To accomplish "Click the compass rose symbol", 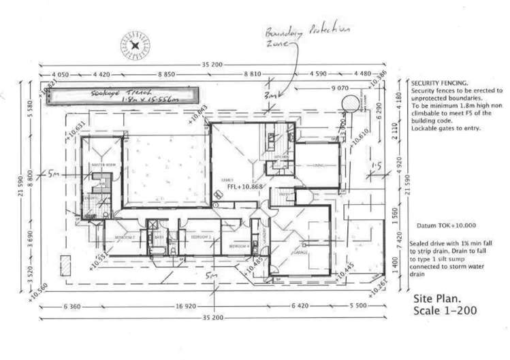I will pos(137,46).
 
